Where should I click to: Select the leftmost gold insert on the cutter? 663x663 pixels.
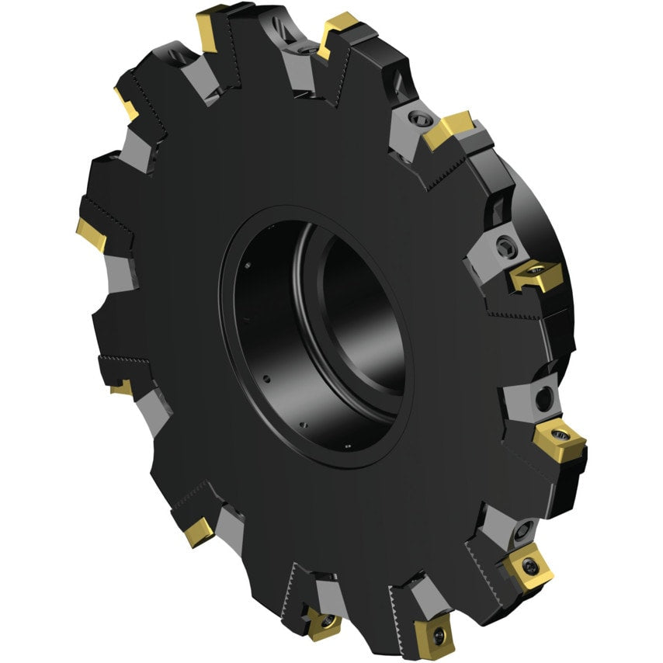(92, 234)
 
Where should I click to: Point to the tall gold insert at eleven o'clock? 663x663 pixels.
(211, 30)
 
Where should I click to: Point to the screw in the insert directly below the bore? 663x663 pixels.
(326, 621)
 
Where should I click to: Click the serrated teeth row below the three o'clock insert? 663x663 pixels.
(512, 314)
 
